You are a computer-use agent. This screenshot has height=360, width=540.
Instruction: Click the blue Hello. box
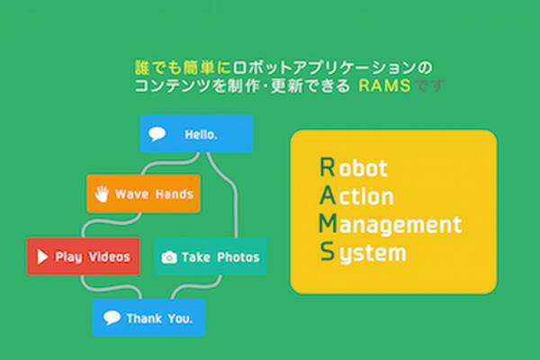click(196, 134)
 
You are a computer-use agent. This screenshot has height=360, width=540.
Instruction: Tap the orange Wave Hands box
click(143, 193)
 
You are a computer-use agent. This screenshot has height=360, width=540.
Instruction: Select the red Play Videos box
click(84, 256)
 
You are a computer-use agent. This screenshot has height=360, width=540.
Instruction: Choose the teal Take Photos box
click(211, 256)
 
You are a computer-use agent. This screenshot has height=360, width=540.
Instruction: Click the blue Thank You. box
click(148, 318)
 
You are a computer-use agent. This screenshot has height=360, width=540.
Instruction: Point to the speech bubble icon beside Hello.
click(157, 135)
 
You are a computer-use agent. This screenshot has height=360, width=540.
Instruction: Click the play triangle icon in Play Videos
click(41, 256)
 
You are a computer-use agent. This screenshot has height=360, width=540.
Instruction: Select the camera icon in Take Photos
click(168, 257)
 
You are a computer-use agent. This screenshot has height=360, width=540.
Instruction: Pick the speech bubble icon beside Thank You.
click(112, 318)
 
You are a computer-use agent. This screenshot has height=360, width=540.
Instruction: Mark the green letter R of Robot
click(326, 167)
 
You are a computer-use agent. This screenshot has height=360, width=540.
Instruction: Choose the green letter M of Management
click(328, 223)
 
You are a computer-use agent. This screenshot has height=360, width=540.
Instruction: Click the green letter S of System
click(326, 252)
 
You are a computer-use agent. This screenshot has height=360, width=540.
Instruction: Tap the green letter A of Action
click(327, 195)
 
